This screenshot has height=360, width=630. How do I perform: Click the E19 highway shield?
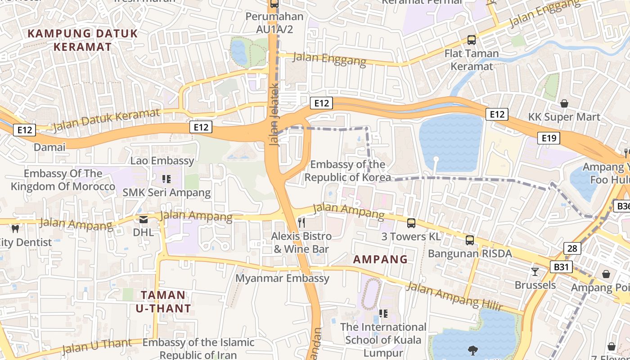click(549, 138)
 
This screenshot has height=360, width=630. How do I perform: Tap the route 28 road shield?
click(572, 248)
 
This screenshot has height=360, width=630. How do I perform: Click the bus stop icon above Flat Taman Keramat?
click(471, 40)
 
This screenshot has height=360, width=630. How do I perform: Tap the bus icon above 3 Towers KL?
click(411, 223)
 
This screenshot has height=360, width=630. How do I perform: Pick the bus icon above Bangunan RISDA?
click(470, 240)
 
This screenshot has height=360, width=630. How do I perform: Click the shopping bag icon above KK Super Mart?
click(564, 104)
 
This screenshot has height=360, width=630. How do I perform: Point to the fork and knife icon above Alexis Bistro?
click(301, 222)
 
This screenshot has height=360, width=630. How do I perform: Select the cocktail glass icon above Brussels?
click(535, 271)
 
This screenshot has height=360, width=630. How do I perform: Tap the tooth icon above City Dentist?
click(15, 229)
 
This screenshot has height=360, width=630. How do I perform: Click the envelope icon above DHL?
click(144, 220)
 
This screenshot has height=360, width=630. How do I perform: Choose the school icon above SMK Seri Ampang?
click(166, 179)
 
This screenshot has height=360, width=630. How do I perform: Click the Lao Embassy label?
click(162, 161)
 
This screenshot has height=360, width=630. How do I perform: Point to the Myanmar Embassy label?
click(283, 278)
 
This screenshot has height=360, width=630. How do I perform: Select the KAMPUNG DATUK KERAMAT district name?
click(83, 40)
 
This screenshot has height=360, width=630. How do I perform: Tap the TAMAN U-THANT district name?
click(163, 301)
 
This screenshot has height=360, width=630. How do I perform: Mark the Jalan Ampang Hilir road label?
click(454, 296)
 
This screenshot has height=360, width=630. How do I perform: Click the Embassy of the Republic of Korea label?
click(347, 171)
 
